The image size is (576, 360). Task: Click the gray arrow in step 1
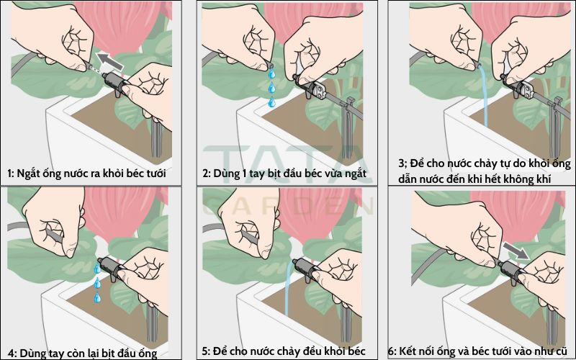click(x=110, y=61)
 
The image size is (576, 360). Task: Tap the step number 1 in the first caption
click(x=10, y=173)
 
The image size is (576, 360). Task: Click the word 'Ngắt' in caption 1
click(x=29, y=174)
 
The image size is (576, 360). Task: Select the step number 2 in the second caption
click(x=205, y=173)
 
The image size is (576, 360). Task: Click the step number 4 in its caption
click(x=12, y=354)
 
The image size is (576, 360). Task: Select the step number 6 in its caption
click(x=392, y=351)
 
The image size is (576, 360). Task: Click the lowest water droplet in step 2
click(x=272, y=102)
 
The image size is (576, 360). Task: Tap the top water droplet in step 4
click(x=97, y=269)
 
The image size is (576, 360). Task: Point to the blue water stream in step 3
click(x=484, y=96)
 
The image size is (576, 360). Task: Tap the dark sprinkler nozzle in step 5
click(x=307, y=266)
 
